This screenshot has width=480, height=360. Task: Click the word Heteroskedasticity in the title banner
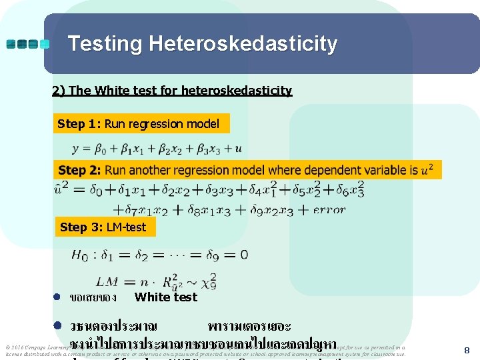pyautogui.click(x=243, y=44)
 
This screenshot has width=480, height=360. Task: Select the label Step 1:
pyautogui.click(x=79, y=123)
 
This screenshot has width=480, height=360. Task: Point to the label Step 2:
pyautogui.click(x=80, y=170)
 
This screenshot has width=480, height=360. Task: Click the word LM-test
pyautogui.click(x=126, y=227)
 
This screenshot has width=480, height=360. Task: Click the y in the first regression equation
pyautogui.click(x=75, y=148)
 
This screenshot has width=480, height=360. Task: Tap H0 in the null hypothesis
pyautogui.click(x=79, y=255)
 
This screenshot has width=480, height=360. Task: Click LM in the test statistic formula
pyautogui.click(x=107, y=282)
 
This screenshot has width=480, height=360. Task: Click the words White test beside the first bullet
pyautogui.click(x=166, y=297)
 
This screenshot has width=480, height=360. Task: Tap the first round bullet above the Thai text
pyautogui.click(x=58, y=297)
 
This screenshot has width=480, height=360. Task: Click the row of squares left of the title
pyautogui.click(x=27, y=44)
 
